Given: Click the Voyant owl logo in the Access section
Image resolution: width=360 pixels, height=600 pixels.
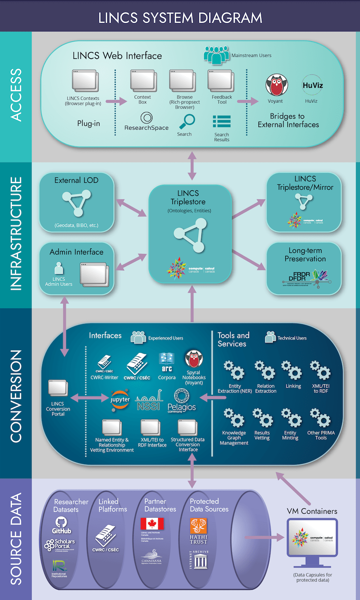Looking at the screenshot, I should [276, 85].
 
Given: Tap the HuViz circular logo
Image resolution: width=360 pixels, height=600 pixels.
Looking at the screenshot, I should [313, 85].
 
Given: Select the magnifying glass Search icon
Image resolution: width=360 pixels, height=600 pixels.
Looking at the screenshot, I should [187, 122].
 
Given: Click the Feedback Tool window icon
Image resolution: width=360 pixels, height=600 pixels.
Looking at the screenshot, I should [221, 81].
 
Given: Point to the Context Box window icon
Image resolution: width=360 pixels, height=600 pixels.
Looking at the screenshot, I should [143, 81].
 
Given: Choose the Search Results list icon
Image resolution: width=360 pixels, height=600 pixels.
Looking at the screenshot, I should [222, 122].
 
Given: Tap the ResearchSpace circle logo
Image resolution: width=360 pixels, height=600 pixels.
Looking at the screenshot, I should [146, 118].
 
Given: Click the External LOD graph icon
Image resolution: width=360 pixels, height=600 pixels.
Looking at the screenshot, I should [77, 203].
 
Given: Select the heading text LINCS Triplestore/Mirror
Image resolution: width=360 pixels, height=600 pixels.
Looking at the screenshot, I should [305, 183].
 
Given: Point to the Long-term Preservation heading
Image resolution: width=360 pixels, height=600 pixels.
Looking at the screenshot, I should [305, 255].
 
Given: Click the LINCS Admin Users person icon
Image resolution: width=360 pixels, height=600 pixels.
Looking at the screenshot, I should [59, 269].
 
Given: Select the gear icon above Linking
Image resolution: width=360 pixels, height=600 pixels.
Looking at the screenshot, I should [292, 370].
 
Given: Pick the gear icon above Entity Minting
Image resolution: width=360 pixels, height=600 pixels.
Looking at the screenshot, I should [292, 418].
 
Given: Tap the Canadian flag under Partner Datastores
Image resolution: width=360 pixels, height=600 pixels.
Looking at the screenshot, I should [152, 524].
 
